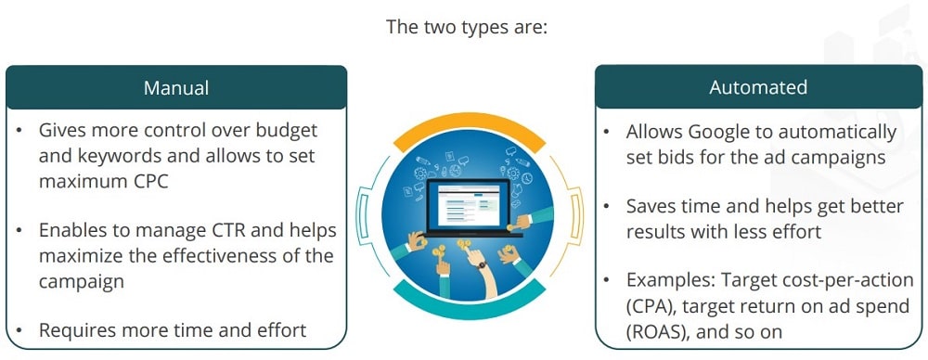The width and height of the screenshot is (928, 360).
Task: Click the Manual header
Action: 176,88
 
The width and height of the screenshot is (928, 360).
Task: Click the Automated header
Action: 758,88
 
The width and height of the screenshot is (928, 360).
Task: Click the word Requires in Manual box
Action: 74,329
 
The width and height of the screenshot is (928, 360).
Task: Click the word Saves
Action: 651,206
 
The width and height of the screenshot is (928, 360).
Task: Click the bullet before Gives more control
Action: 19,132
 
